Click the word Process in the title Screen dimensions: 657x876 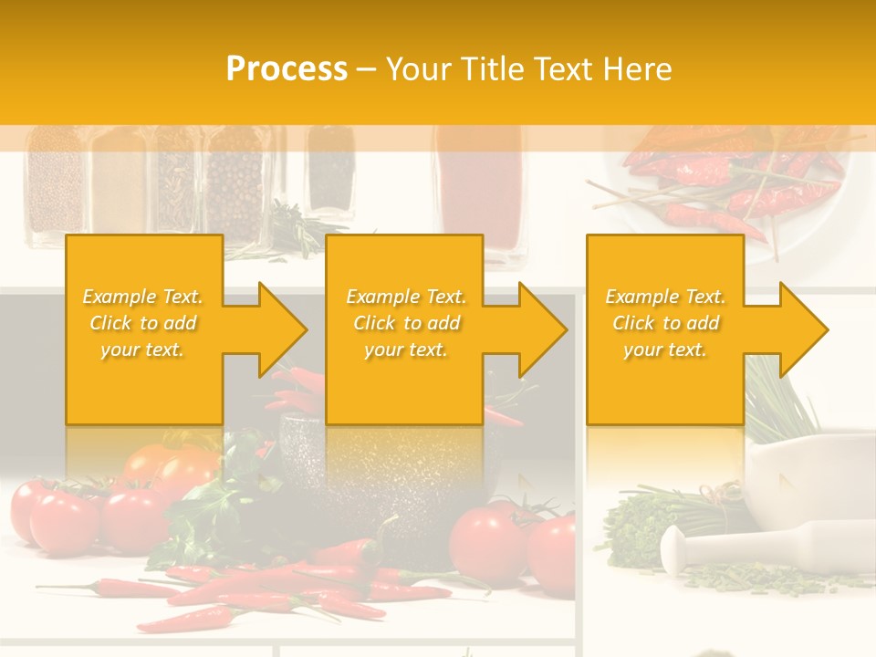tap(287, 69)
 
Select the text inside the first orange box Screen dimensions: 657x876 tap(143, 323)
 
